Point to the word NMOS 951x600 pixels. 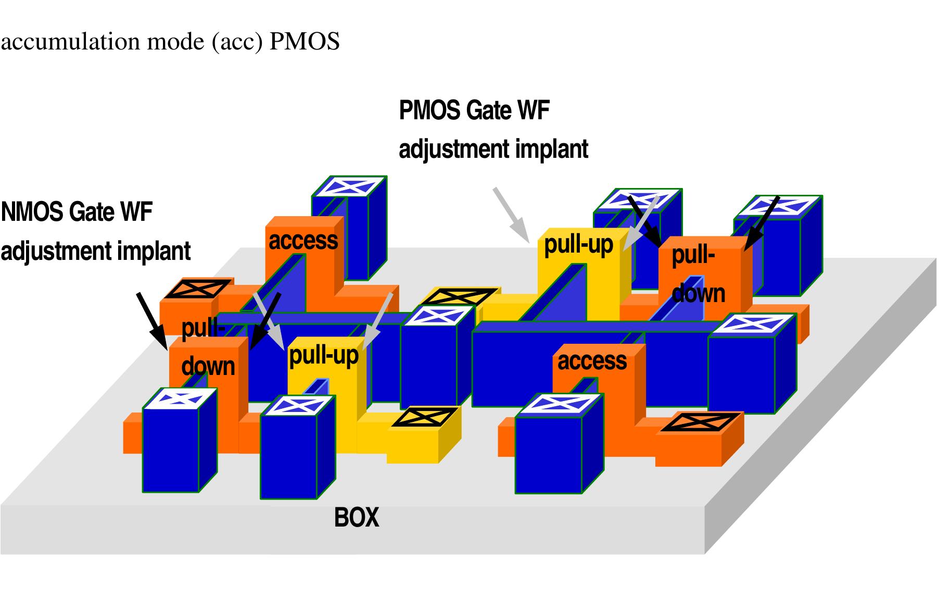click(x=32, y=212)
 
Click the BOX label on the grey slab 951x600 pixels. click(x=357, y=518)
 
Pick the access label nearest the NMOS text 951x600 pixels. click(x=303, y=241)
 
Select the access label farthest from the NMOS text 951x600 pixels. click(x=592, y=360)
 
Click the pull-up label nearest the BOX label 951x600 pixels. click(x=324, y=355)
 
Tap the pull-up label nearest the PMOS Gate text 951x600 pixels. click(x=578, y=244)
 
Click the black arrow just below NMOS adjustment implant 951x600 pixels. click(x=151, y=320)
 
